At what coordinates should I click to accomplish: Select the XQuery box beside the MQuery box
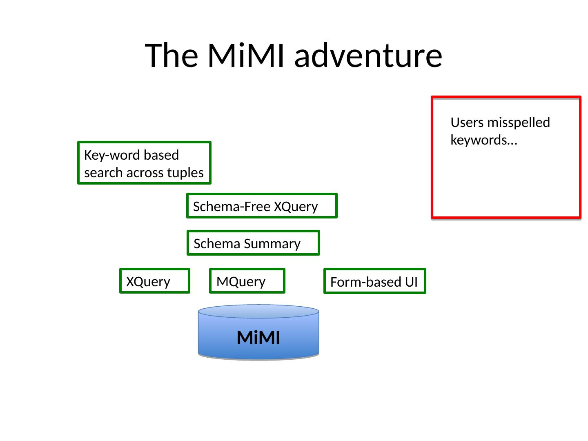(x=155, y=281)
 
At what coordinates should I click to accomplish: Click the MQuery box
(x=247, y=281)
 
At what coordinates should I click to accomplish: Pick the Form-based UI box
(x=374, y=281)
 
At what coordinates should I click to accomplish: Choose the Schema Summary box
(x=253, y=243)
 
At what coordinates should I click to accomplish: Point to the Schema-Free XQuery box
(x=262, y=206)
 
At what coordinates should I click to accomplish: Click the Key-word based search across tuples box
(x=144, y=163)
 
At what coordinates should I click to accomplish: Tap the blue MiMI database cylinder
(x=258, y=333)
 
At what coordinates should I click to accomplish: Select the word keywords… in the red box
(x=484, y=140)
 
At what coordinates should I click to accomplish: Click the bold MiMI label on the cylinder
(x=258, y=338)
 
